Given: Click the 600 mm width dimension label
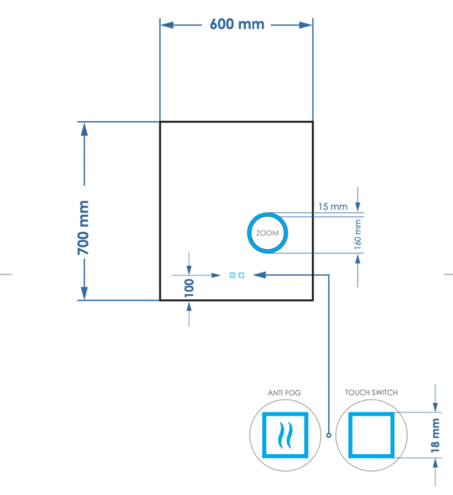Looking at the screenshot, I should pos(237,24).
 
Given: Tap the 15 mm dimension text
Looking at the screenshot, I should pos(333,207).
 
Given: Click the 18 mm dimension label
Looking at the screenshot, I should pos(435,434).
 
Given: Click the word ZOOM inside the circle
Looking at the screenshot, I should pos(267,232).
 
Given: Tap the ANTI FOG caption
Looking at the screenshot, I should pos(284,393).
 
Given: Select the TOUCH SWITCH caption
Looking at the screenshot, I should pos(371,393).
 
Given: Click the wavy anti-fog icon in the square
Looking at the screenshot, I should pos(284,436).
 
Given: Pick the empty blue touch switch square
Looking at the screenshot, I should pos(371,436).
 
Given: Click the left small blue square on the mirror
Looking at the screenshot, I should pos(232,274).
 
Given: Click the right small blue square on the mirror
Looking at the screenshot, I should pos(241,274).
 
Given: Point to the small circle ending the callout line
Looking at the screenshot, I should pos(328,436).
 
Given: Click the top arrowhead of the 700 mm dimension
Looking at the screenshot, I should pos(85,128).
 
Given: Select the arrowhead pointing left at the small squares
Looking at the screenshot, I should pos(257,274).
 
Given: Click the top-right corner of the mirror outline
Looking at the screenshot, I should pos(312,122).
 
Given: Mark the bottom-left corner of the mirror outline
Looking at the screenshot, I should pos(160,299).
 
